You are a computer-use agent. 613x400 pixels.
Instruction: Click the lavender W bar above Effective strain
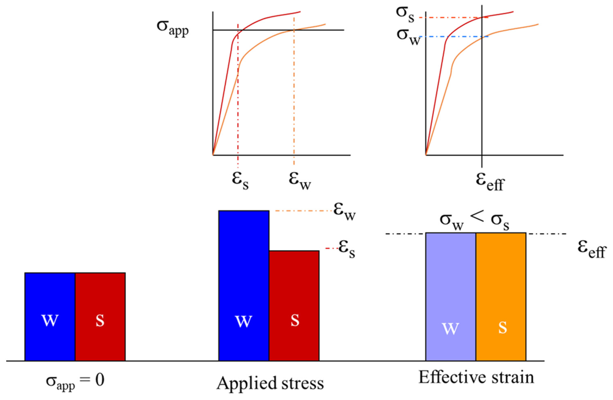451,296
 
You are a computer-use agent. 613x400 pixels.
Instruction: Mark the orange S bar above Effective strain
501,296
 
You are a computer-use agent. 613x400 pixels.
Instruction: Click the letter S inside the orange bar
503,328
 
